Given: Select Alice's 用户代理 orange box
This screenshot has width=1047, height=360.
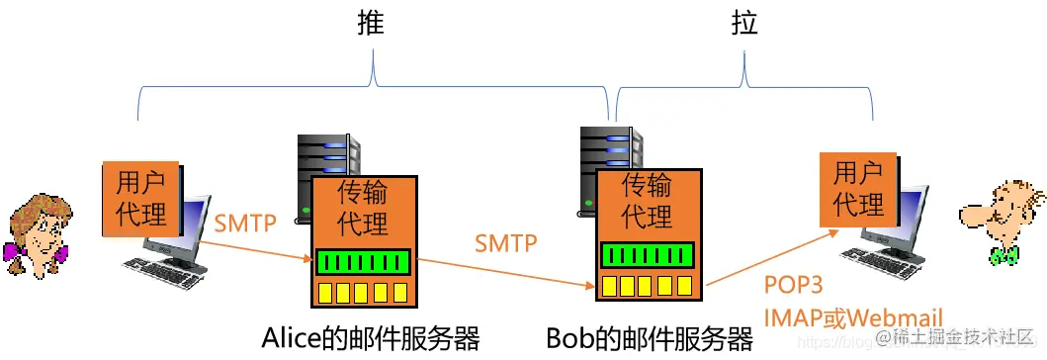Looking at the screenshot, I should point(141,198).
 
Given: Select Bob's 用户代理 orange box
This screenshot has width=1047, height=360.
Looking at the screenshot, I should point(858,189).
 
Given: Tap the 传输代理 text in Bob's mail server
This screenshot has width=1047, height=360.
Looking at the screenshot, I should point(648,199).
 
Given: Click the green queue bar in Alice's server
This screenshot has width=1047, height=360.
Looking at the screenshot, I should point(363,262).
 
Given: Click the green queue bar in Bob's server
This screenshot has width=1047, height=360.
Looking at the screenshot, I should point(648,254).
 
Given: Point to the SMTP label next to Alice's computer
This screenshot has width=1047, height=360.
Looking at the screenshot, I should point(244,223).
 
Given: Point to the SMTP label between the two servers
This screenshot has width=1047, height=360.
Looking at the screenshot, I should point(505,242).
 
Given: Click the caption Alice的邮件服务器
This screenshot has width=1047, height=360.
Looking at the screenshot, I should point(371,339).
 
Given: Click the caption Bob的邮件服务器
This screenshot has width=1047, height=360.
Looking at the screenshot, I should point(650,339).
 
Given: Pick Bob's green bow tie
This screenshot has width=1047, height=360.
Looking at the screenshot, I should point(1004,255).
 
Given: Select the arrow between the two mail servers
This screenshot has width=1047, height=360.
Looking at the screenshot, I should point(504,272).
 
